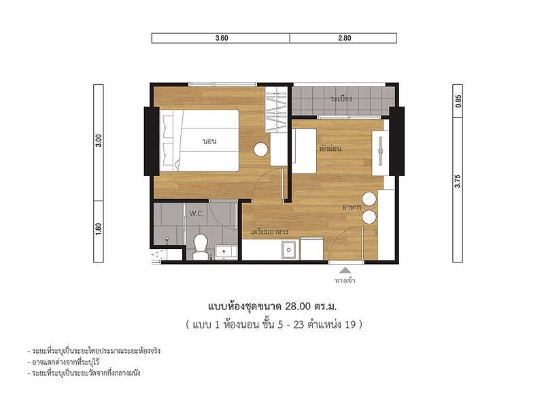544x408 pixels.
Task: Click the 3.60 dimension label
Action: tap(222, 38)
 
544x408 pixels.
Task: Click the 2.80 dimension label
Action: tap(345, 38)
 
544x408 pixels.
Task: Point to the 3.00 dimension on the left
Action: tap(99, 141)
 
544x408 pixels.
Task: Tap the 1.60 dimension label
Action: tap(99, 229)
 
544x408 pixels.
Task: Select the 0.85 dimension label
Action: tap(458, 101)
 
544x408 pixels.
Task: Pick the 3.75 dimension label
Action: tap(458, 181)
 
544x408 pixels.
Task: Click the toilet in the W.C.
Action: tap(200, 247)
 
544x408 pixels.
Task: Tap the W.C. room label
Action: tap(197, 214)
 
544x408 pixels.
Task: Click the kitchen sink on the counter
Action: tap(288, 250)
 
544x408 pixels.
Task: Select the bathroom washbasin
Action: tap(226, 252)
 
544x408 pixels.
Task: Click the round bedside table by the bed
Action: tap(260, 150)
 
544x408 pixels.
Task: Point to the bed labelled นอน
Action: tap(201, 141)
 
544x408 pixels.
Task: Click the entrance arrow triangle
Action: tap(345, 270)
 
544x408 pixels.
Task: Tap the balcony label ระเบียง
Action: tap(341, 99)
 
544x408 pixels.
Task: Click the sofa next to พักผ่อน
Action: tap(304, 151)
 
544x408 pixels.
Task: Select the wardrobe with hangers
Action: tap(277, 109)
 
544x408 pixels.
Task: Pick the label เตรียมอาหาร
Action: tap(269, 232)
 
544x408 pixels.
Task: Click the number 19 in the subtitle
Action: tap(350, 324)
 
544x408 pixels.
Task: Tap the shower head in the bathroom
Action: tap(167, 241)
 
